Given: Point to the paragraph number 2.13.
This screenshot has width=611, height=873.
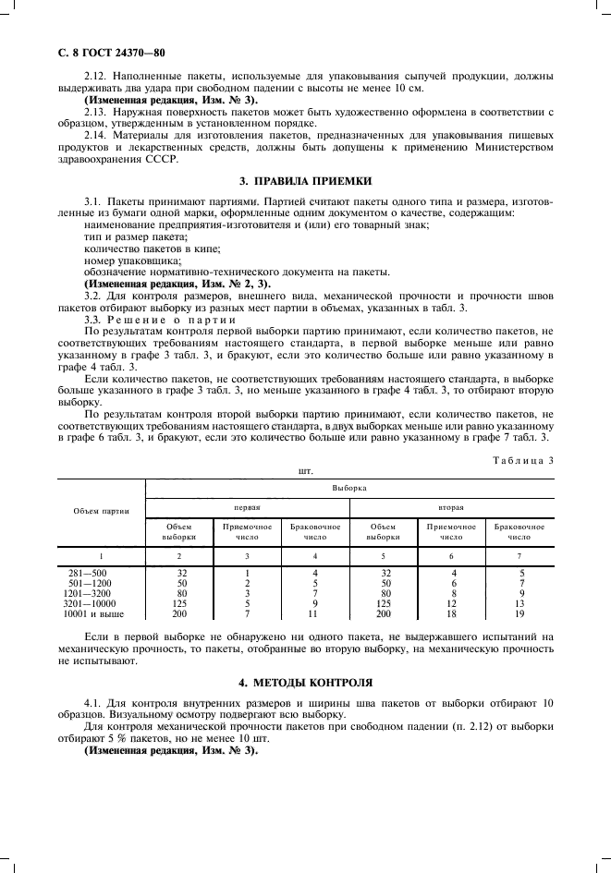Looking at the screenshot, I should click(94, 111).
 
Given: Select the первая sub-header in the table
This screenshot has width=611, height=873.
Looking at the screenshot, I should click(247, 507).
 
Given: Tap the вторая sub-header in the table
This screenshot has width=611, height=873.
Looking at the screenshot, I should click(451, 507).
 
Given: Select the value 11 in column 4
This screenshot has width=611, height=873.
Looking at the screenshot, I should click(315, 613).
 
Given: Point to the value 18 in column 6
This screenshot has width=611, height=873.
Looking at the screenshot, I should click(451, 613).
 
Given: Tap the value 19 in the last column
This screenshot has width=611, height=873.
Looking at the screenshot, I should click(519, 613).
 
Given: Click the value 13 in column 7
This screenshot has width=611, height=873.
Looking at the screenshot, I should click(519, 603).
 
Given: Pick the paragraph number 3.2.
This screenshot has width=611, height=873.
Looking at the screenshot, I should click(94, 297).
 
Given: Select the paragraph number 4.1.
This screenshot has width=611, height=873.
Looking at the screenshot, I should click(94, 703).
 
